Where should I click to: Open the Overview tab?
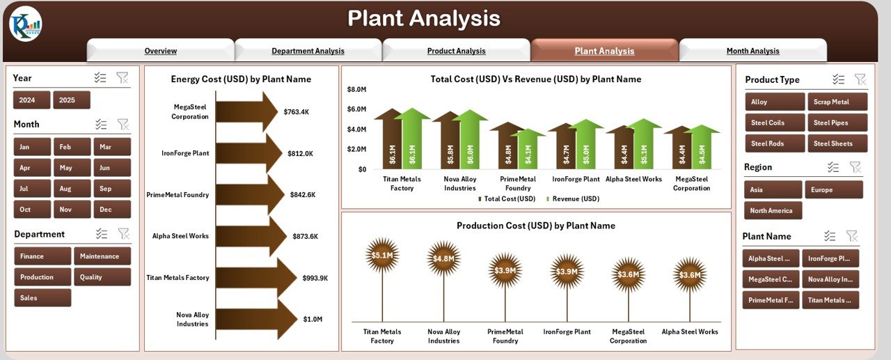pyautogui.click(x=160, y=51)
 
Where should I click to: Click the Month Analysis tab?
pyautogui.click(x=752, y=51)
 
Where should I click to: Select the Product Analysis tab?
pyautogui.click(x=456, y=51)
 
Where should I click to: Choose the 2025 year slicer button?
pyautogui.click(x=68, y=100)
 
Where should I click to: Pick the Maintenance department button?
pyautogui.click(x=102, y=256)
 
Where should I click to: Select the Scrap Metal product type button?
pyautogui.click(x=837, y=102)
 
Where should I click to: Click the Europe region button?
pyautogui.click(x=833, y=189)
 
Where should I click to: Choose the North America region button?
pyautogui.click(x=772, y=211)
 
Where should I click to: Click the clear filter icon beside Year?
pyautogui.click(x=123, y=78)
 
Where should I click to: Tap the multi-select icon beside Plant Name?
pyautogui.click(x=830, y=236)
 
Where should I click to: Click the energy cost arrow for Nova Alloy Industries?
pyautogui.click(x=247, y=320)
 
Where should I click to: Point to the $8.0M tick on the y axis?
pyautogui.click(x=356, y=89)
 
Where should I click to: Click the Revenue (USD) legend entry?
pyautogui.click(x=571, y=199)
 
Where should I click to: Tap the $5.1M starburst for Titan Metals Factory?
pyautogui.click(x=382, y=255)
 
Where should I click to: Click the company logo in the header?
pyautogui.click(x=25, y=24)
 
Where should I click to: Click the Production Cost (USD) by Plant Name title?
pyautogui.click(x=535, y=226)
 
